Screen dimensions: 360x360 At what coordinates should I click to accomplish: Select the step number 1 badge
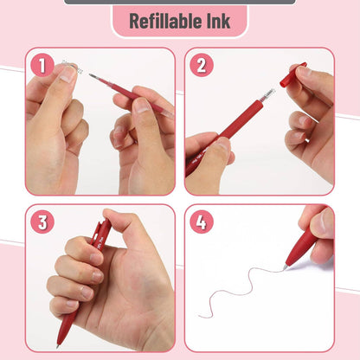[42, 65]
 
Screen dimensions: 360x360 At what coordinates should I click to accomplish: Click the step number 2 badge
[201, 65]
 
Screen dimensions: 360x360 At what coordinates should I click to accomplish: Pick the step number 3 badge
[42, 222]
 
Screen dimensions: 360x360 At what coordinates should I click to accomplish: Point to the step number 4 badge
[201, 222]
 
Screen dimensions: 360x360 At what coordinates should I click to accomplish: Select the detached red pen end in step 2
[292, 74]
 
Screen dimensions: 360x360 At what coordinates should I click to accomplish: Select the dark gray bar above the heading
[179, 2]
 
